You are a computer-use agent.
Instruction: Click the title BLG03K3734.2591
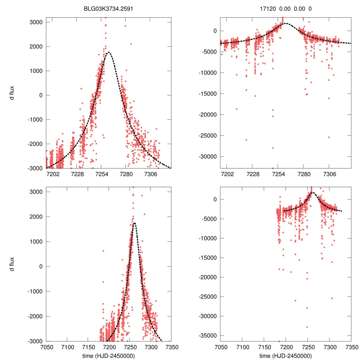[108, 9]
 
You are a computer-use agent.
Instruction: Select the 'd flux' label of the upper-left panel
[12, 95]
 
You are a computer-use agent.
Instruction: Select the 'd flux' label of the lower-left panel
[12, 266]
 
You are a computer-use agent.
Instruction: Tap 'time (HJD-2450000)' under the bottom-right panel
[285, 356]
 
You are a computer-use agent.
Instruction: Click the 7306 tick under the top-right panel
[329, 174]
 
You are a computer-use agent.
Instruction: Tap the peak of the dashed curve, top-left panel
[109, 52]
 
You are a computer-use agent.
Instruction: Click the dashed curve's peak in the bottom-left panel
[134, 223]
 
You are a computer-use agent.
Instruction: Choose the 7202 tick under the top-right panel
[227, 174]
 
